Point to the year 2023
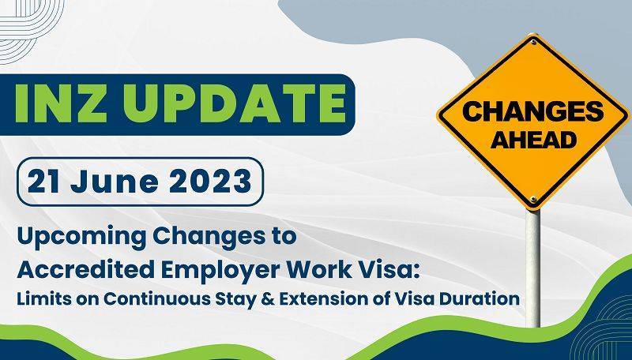pyautogui.click(x=204, y=182)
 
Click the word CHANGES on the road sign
pyautogui.click(x=533, y=113)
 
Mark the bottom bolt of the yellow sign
pyautogui.click(x=535, y=199)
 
